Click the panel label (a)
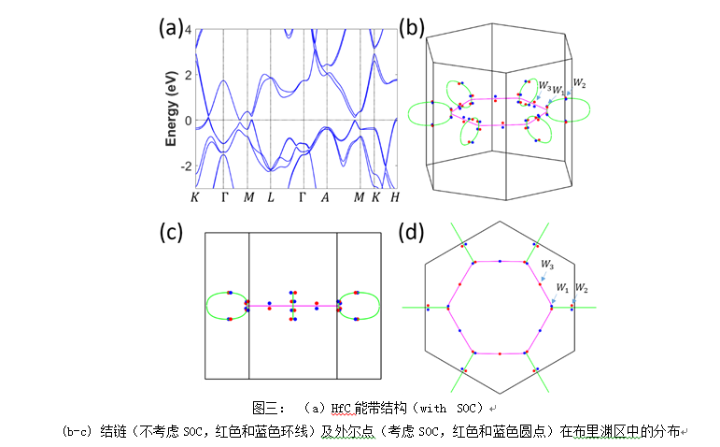(x=171, y=27)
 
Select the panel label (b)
(x=412, y=27)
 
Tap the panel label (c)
(x=171, y=234)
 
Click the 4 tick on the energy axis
(x=187, y=31)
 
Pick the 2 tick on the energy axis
(x=187, y=76)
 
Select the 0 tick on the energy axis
(x=187, y=121)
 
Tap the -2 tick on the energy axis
(x=185, y=166)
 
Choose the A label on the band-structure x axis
(x=324, y=197)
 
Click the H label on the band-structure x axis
(x=396, y=197)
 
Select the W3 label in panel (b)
(x=544, y=85)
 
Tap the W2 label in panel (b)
(x=580, y=84)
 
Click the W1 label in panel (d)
(x=561, y=285)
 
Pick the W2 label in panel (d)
(x=580, y=286)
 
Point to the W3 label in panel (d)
(x=545, y=265)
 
